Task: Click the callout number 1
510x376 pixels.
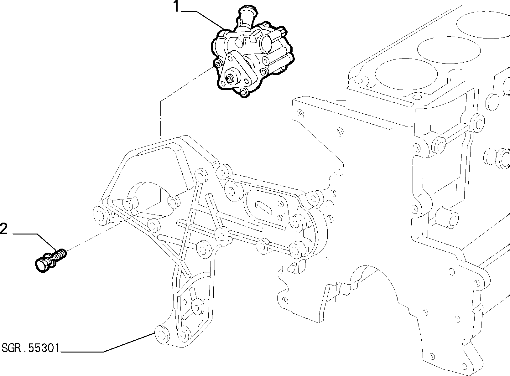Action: coord(176,6)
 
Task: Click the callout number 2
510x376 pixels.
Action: coord(4,229)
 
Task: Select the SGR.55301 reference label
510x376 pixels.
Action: coord(30,348)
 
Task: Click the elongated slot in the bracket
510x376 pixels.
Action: coord(264,208)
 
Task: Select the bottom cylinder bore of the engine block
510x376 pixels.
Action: coord(406,74)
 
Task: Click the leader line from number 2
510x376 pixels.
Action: coord(34,242)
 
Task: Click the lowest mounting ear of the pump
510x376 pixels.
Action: coord(244,92)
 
